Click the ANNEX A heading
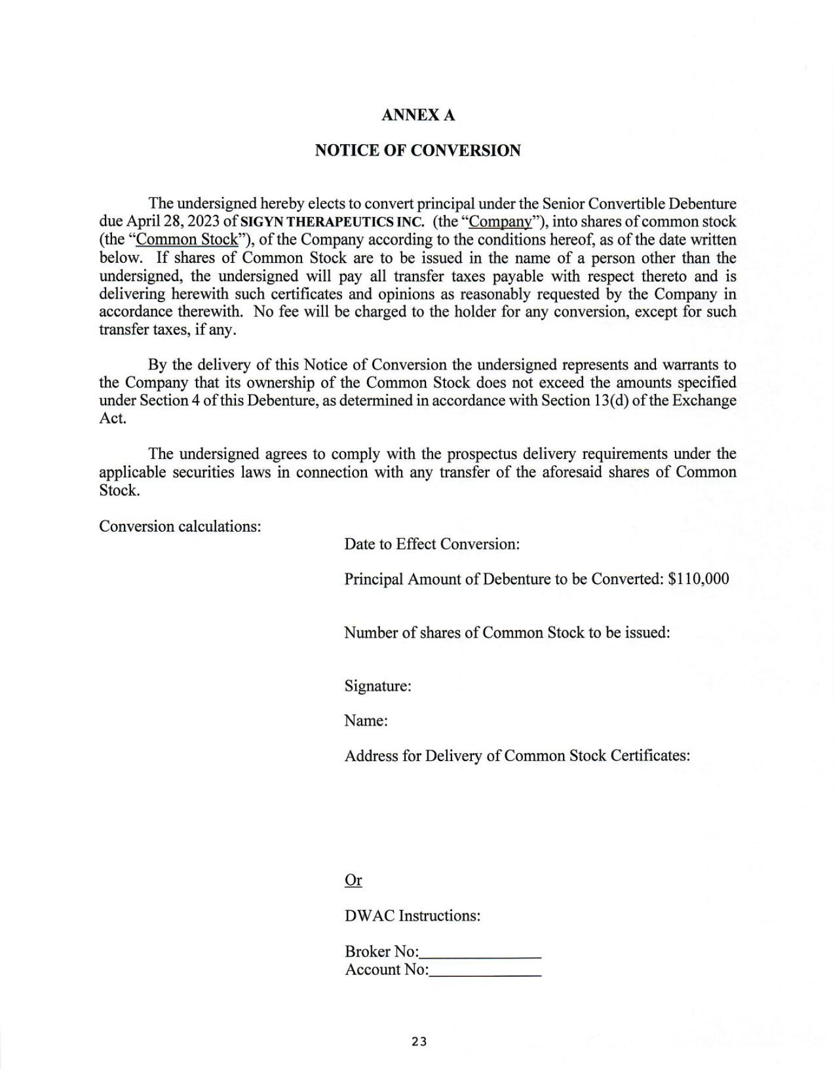click(418, 115)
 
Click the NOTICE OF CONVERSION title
click(418, 150)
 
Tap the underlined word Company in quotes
click(500, 222)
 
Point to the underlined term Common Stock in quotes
click(187, 240)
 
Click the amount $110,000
click(698, 579)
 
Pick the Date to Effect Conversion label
click(432, 544)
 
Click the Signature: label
click(378, 686)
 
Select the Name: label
click(366, 721)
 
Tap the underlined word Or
click(353, 880)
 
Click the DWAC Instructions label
click(412, 915)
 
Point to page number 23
click(419, 1042)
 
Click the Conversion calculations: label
click(180, 526)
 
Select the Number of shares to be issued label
click(507, 632)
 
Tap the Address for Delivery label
click(517, 756)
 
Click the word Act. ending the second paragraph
click(113, 418)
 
